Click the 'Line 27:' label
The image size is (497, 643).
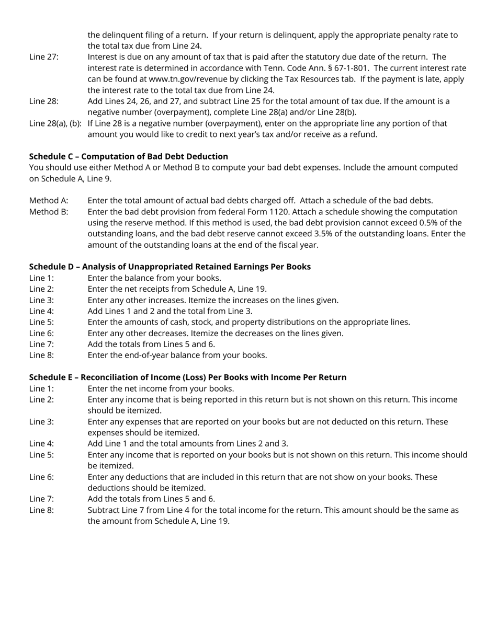[44, 57]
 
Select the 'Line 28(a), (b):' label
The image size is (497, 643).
[55, 123]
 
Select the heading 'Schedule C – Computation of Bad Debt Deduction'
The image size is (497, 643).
[128, 156]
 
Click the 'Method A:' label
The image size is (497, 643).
[49, 200]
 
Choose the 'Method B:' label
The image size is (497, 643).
[49, 212]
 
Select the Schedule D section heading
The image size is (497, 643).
[170, 267]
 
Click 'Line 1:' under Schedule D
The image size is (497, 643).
[41, 278]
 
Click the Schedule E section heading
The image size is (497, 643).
[187, 377]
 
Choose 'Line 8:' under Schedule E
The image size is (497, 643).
[41, 510]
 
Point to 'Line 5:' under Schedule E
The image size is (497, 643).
[41, 455]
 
